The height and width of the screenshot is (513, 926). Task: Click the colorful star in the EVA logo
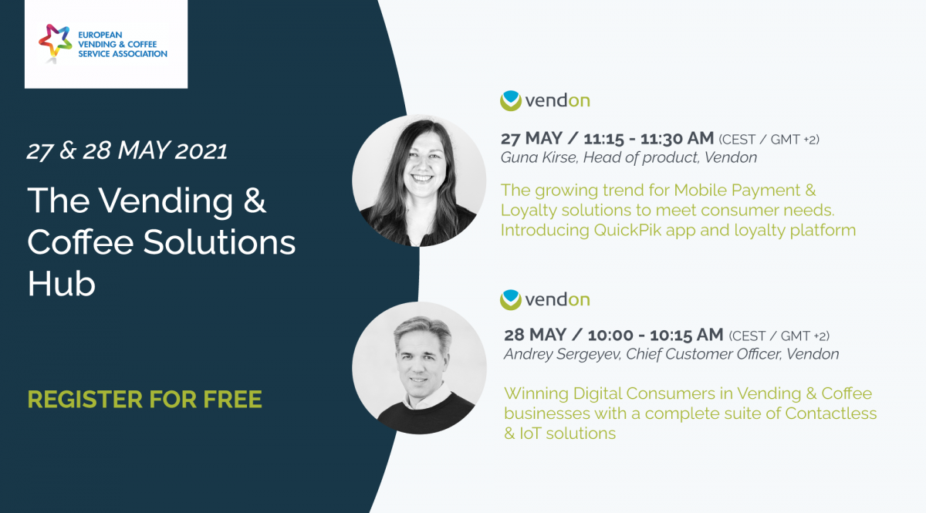pyautogui.click(x=55, y=42)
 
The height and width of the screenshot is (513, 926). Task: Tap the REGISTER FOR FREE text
pyautogui.click(x=145, y=400)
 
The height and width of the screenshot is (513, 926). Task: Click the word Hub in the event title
pyautogui.click(x=62, y=284)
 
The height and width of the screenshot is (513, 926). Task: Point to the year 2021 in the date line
pyautogui.click(x=201, y=151)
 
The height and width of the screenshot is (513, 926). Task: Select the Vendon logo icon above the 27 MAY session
pyautogui.click(x=511, y=100)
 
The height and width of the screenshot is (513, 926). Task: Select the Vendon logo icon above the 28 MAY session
pyautogui.click(x=511, y=299)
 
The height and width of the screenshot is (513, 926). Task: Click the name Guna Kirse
pyautogui.click(x=539, y=157)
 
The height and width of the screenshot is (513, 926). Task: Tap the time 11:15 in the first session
pyautogui.click(x=603, y=139)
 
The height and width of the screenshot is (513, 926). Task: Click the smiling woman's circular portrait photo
pyautogui.click(x=419, y=181)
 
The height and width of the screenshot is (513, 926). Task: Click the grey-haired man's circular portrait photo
pyautogui.click(x=419, y=368)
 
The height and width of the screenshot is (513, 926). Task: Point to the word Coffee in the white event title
pyautogui.click(x=80, y=242)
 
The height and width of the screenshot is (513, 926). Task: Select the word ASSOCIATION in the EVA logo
pyautogui.click(x=140, y=54)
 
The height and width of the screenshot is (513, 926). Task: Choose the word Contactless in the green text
pyautogui.click(x=831, y=413)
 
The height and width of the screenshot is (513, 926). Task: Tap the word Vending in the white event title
pyautogui.click(x=166, y=201)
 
